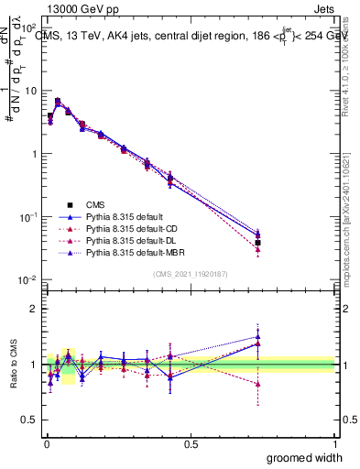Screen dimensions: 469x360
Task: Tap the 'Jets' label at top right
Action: coord(322,10)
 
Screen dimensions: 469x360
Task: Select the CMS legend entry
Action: coord(96,204)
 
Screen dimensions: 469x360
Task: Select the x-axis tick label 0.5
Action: coord(191,444)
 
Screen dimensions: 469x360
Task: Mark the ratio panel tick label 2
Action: coord(33,309)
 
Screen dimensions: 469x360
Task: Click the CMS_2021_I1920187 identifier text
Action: coord(191,273)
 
